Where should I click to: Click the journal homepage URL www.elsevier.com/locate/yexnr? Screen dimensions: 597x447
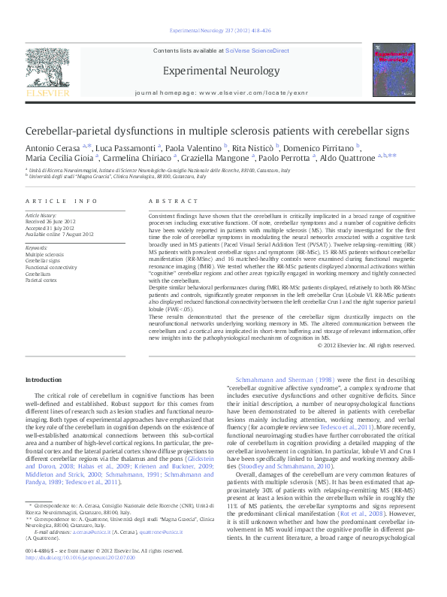tap(253, 97)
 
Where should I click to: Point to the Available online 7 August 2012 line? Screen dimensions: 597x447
tap(64, 234)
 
